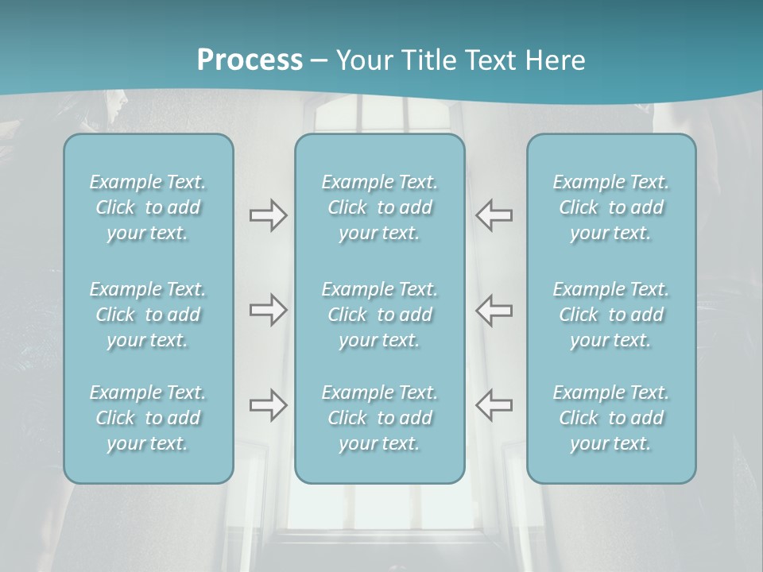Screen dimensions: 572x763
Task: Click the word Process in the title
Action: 250,60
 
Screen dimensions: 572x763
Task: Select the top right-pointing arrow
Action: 268,215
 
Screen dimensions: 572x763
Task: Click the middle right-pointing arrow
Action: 268,310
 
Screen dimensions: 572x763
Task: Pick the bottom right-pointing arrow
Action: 268,405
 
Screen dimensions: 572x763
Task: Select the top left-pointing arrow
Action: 494,215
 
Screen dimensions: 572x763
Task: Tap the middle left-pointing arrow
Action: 494,310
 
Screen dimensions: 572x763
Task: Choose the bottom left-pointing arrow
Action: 494,405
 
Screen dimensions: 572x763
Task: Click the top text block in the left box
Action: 148,207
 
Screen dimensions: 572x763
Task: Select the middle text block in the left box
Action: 148,315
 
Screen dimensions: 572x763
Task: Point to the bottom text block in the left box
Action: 148,418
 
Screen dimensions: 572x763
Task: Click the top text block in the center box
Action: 380,207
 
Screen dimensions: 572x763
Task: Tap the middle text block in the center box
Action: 380,315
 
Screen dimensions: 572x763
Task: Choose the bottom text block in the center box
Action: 380,418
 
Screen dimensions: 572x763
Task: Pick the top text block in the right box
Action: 611,207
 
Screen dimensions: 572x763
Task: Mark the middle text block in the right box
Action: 611,315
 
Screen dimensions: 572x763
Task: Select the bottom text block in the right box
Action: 611,418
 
